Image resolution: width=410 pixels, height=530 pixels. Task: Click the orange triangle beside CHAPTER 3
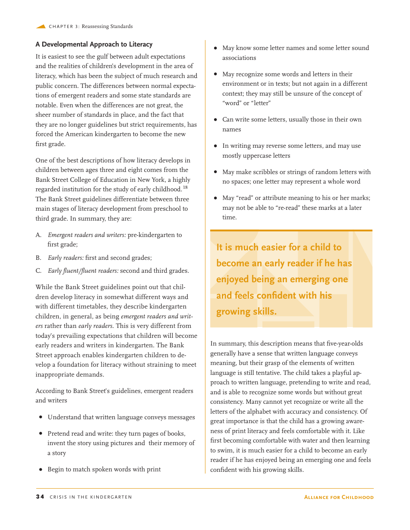41,26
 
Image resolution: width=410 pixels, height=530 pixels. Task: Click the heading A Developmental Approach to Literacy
94,44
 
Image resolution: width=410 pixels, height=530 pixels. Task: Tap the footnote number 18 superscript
185,187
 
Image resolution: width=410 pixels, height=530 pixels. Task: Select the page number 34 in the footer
40,497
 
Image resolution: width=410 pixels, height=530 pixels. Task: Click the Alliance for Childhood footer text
339,497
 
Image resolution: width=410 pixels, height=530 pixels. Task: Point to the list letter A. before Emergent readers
38,235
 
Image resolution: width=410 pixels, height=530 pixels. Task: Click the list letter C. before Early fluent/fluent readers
38,271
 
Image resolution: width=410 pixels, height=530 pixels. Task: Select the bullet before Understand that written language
41,417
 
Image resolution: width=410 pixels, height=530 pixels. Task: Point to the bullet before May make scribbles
215,172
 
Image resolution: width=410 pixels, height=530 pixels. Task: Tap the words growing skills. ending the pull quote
246,312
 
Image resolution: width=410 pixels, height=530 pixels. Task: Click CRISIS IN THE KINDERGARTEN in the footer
91,497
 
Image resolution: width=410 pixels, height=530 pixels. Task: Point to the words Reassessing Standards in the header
107,26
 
